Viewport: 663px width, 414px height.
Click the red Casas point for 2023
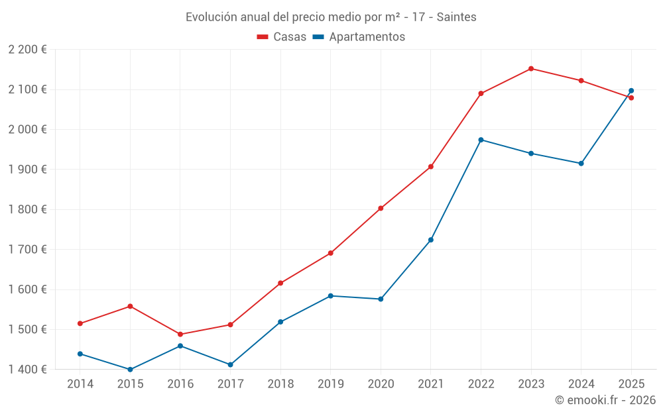point(531,69)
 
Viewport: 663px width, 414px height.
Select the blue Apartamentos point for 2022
point(481,140)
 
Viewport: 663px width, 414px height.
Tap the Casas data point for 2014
point(80,323)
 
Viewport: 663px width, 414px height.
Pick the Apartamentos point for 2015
point(130,370)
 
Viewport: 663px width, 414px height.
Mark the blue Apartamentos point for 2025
point(631,91)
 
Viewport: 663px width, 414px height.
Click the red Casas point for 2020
point(381,208)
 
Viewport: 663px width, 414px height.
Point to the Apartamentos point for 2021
point(431,240)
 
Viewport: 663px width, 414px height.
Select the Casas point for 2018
point(280,283)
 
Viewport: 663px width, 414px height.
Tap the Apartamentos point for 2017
point(231,364)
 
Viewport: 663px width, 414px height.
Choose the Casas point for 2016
point(180,335)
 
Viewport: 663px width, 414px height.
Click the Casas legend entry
point(282,37)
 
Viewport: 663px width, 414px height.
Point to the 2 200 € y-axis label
point(27,50)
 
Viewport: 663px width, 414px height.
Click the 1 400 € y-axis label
point(27,370)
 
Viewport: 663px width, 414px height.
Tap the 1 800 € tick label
point(27,209)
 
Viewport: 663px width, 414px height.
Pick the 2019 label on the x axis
point(330,384)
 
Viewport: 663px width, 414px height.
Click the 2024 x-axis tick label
point(581,384)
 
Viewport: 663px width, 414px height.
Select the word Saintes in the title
point(456,17)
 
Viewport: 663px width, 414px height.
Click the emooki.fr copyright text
point(605,400)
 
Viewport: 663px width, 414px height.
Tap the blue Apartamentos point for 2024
point(581,163)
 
